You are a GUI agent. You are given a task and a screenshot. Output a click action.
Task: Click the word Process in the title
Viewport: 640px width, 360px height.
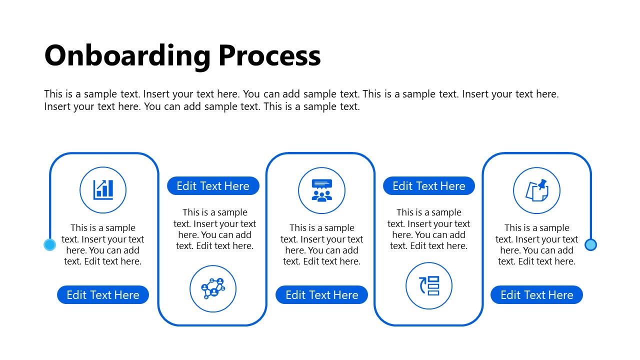pyautogui.click(x=269, y=55)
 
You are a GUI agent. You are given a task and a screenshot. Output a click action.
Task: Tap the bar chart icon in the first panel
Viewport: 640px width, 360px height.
pyautogui.click(x=103, y=190)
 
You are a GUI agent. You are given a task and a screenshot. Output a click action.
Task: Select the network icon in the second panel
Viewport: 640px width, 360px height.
pyautogui.click(x=213, y=288)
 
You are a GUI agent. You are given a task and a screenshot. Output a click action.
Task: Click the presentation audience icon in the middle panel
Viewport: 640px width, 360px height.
pyautogui.click(x=321, y=190)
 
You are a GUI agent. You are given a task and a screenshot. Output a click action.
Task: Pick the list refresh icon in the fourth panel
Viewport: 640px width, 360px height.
pyautogui.click(x=429, y=285)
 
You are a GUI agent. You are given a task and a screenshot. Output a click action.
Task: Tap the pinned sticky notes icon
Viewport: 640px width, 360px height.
pyautogui.click(x=536, y=190)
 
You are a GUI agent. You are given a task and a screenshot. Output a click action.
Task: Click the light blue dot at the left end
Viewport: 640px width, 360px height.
pyautogui.click(x=49, y=244)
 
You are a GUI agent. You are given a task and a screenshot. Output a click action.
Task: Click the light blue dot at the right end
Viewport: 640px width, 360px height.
pyautogui.click(x=590, y=244)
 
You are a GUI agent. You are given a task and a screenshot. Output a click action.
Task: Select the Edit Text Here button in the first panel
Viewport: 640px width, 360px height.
pyautogui.click(x=103, y=295)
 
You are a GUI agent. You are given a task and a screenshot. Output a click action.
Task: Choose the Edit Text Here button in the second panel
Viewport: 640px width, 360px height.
pyautogui.click(x=213, y=186)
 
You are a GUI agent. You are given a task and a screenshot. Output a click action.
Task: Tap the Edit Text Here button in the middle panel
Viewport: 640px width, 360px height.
pyautogui.click(x=321, y=295)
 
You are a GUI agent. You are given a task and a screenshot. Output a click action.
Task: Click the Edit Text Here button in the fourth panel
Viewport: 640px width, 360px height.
pyautogui.click(x=429, y=186)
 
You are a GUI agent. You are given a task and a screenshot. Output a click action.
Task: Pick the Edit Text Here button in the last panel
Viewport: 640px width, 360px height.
pyautogui.click(x=536, y=295)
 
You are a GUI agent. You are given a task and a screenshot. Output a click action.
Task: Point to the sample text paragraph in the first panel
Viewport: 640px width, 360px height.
pyautogui.click(x=103, y=244)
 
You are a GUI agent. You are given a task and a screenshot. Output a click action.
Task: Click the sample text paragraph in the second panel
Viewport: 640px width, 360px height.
pyautogui.click(x=215, y=229)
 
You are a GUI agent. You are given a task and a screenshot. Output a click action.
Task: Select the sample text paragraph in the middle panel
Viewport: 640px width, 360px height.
pyautogui.click(x=321, y=244)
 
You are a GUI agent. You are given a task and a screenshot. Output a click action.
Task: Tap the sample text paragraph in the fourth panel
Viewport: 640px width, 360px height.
pyautogui.click(x=429, y=229)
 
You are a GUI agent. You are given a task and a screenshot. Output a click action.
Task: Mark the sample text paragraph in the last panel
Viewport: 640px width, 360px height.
pyautogui.click(x=536, y=244)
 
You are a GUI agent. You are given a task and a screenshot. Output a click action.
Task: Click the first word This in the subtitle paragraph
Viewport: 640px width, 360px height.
pyautogui.click(x=53, y=94)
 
